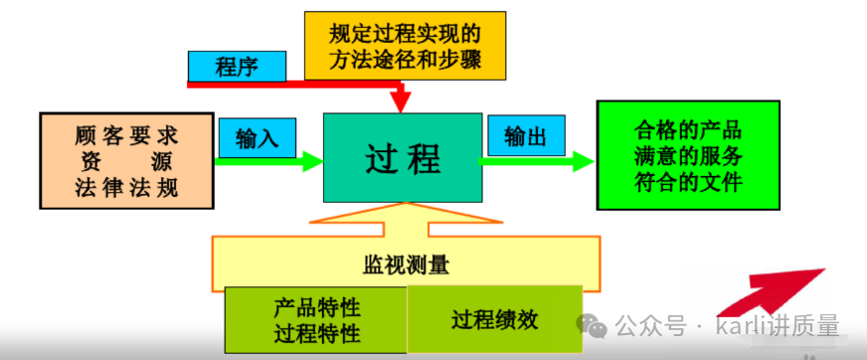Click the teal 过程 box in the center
(x=402, y=157)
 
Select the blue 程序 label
(x=237, y=67)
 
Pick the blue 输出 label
(x=524, y=135)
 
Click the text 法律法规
(x=126, y=186)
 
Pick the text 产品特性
(x=316, y=308)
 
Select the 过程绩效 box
(x=494, y=319)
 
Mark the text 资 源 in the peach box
(x=126, y=160)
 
